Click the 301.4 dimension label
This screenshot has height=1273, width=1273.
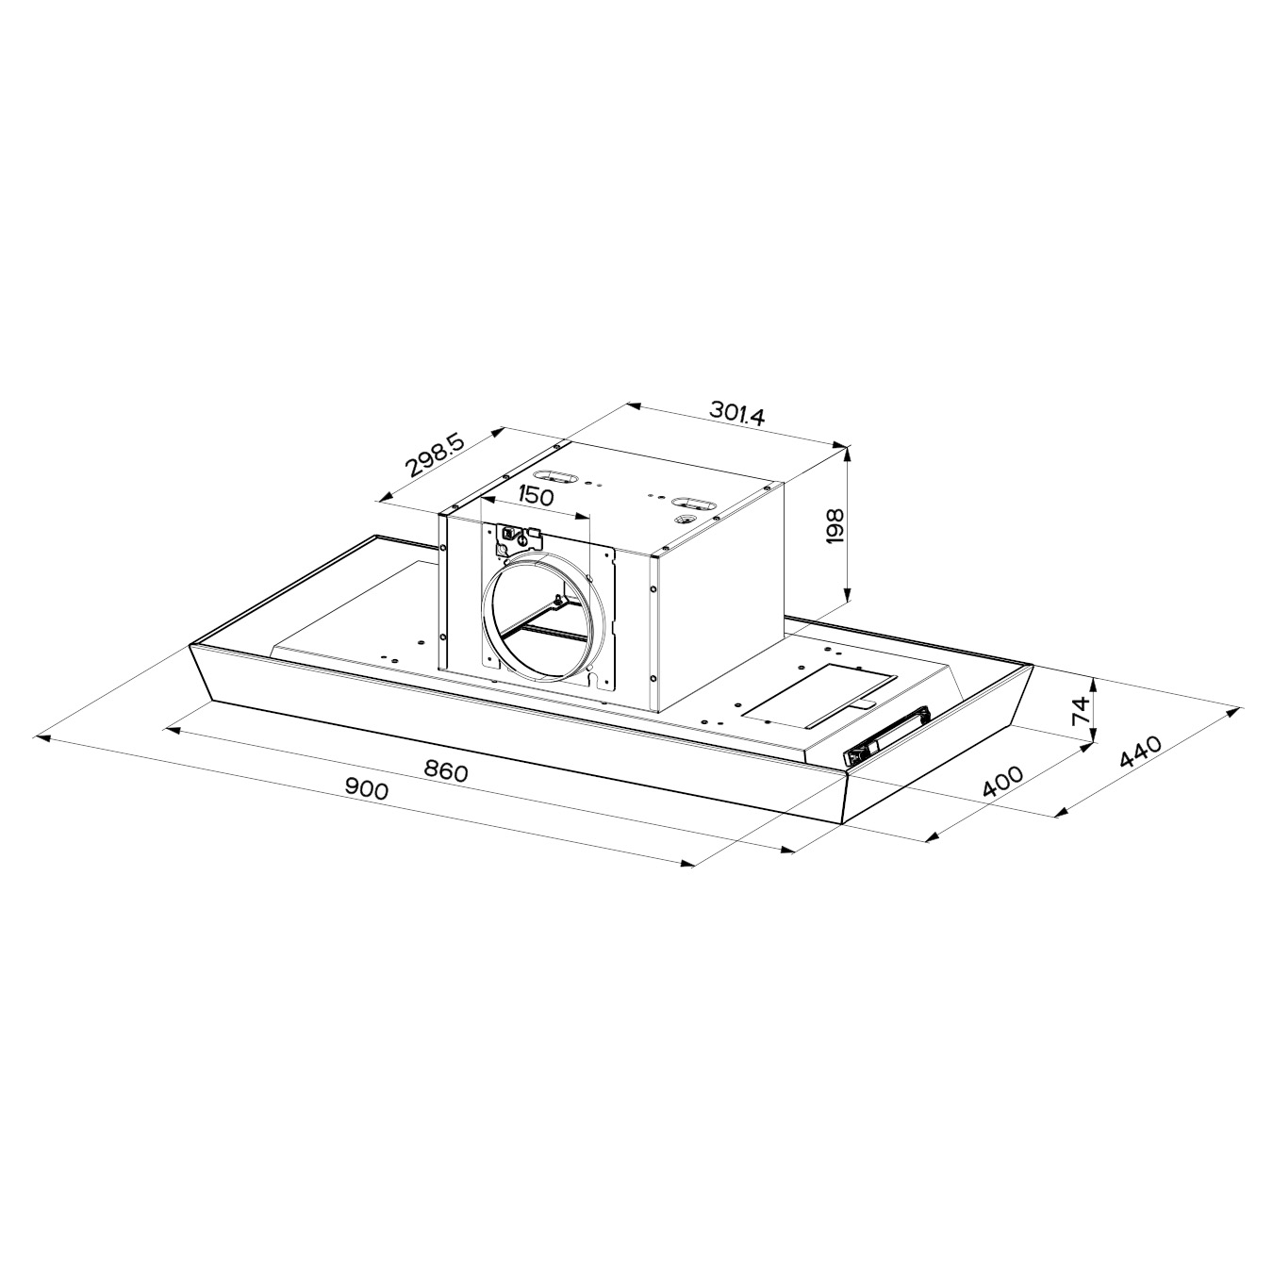coord(736,413)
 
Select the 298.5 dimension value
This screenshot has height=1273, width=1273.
coord(436,455)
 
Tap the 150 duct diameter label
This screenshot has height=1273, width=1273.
coord(534,495)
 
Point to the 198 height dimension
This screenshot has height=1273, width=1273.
coord(835,525)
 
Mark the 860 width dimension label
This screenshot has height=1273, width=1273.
coord(446,771)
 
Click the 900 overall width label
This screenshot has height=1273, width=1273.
coord(367,788)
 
